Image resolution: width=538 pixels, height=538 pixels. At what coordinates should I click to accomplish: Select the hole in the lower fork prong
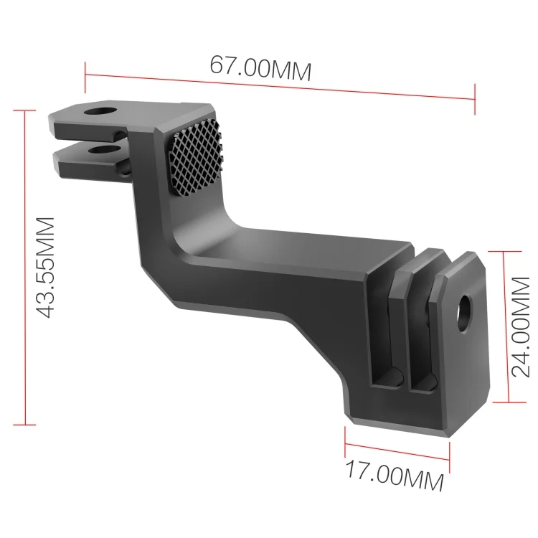107,151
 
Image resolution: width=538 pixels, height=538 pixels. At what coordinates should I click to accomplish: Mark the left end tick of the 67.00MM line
85,70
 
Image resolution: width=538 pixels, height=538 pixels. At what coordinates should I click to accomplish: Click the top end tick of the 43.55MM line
24,111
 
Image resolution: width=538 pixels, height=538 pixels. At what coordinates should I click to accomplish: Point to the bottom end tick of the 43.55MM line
24,425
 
